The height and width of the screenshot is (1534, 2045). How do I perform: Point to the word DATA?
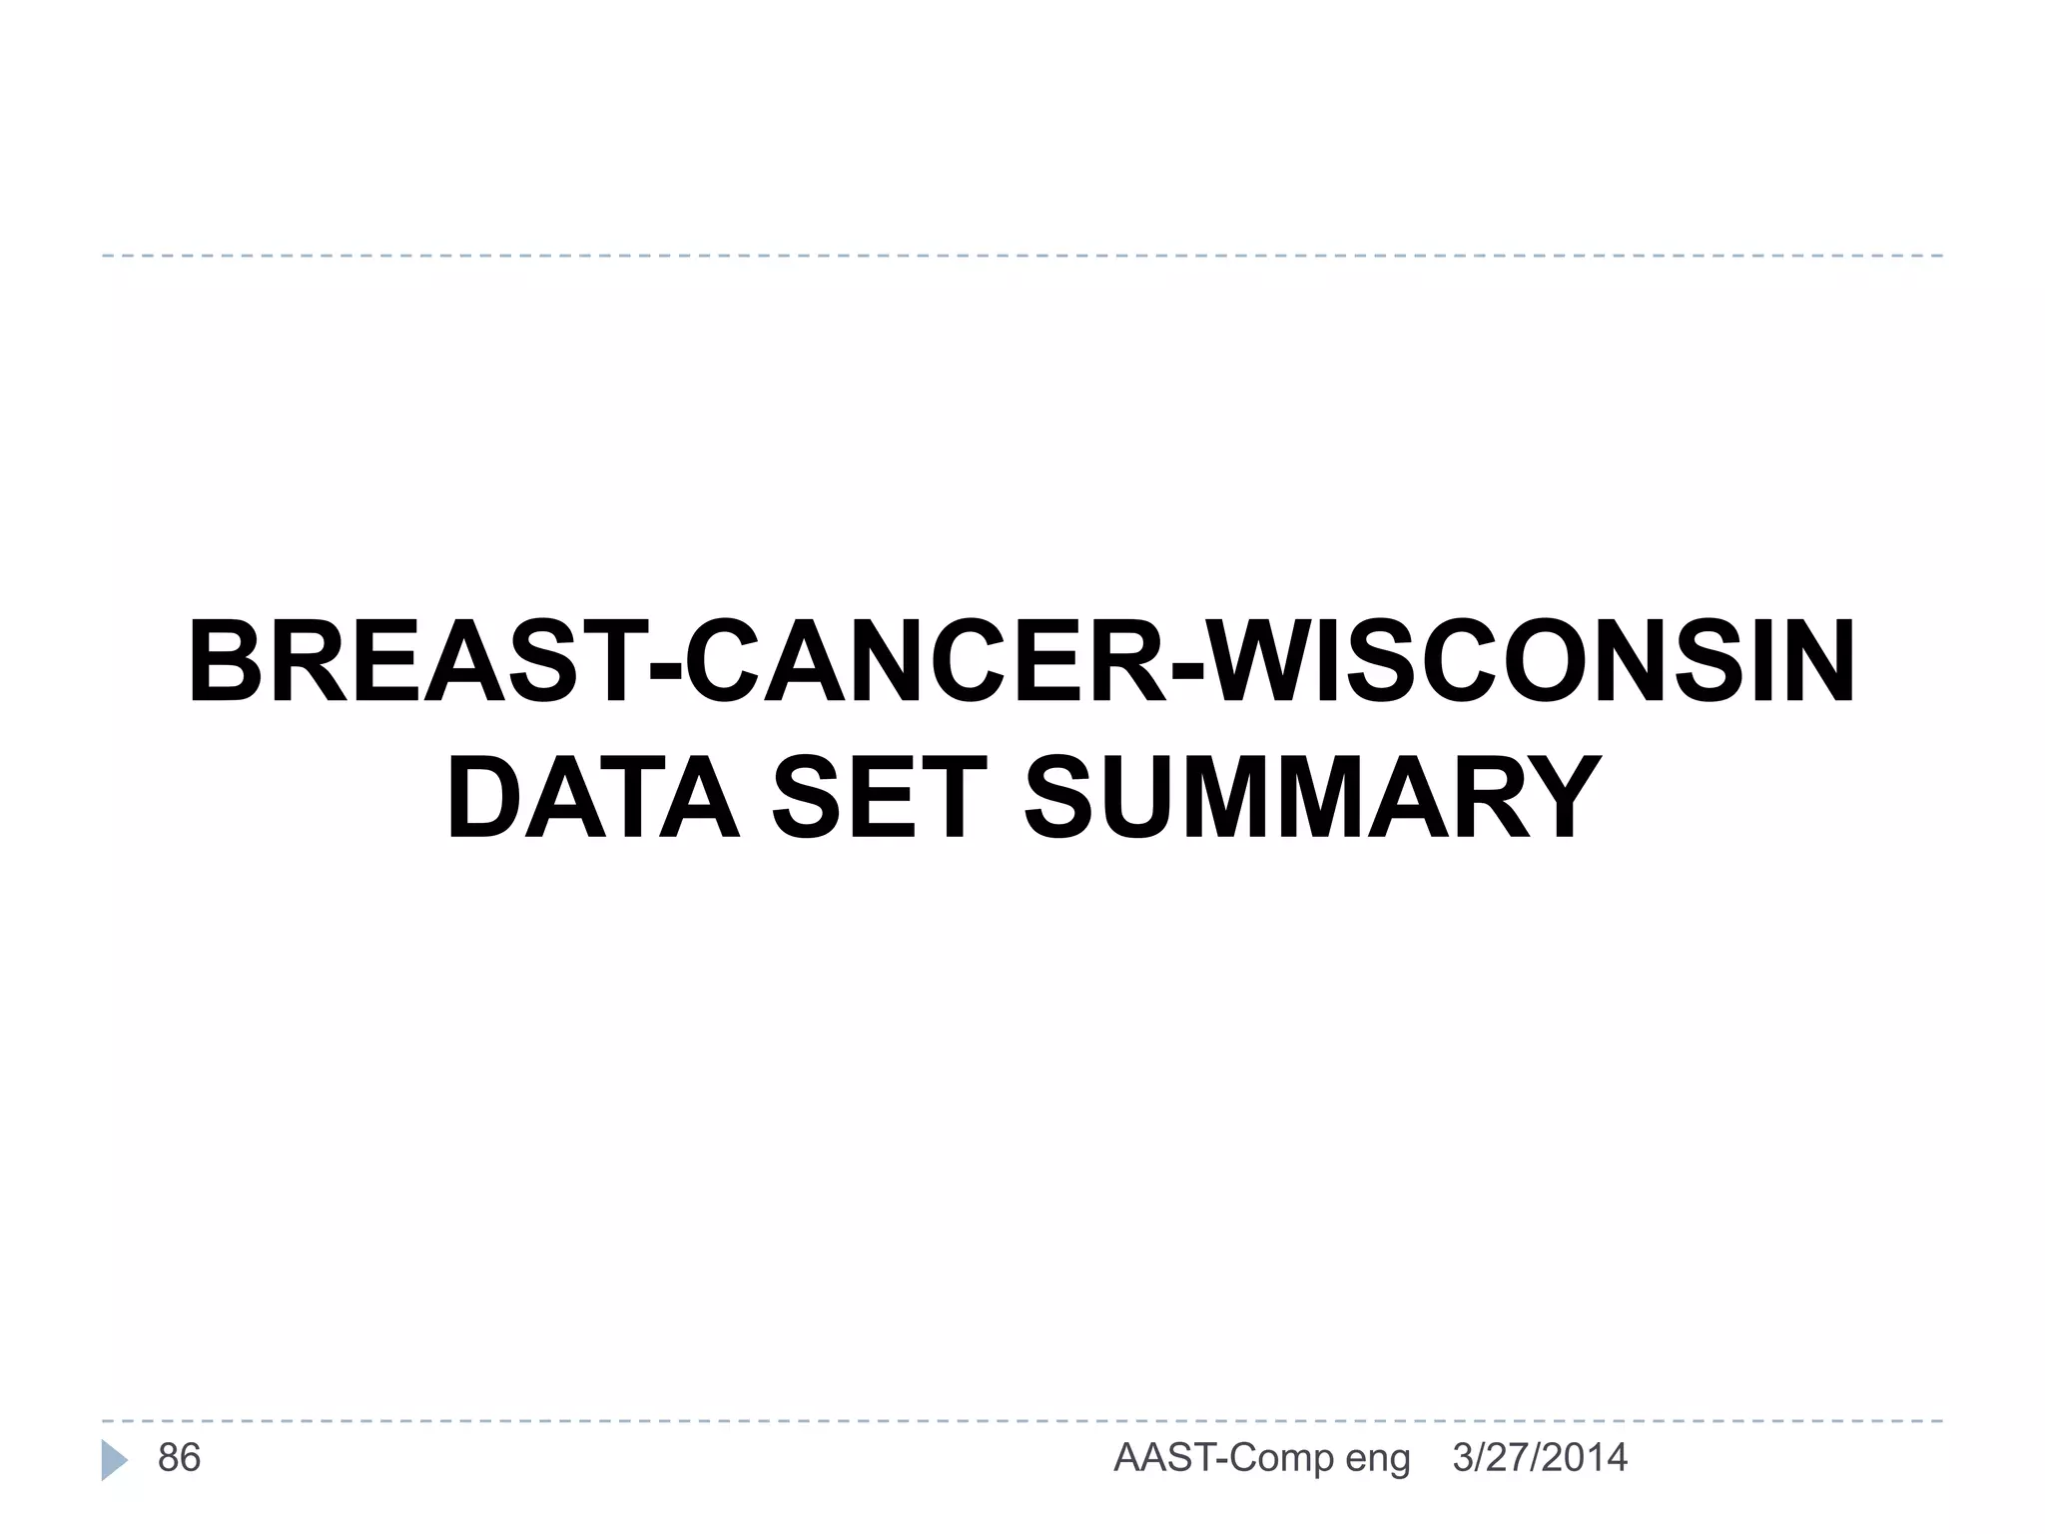coord(592,799)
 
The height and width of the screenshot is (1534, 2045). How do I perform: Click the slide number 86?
coord(180,1458)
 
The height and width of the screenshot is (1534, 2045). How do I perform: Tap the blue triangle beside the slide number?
coord(114,1460)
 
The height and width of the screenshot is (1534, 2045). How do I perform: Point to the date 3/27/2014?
coord(1540,1458)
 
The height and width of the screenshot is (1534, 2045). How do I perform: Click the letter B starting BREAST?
coord(225,663)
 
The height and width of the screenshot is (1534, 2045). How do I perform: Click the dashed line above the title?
coord(1022,256)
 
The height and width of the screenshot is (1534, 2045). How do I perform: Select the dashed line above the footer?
coord(1022,1420)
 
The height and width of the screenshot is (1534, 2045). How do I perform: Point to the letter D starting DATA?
coord(484,799)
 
